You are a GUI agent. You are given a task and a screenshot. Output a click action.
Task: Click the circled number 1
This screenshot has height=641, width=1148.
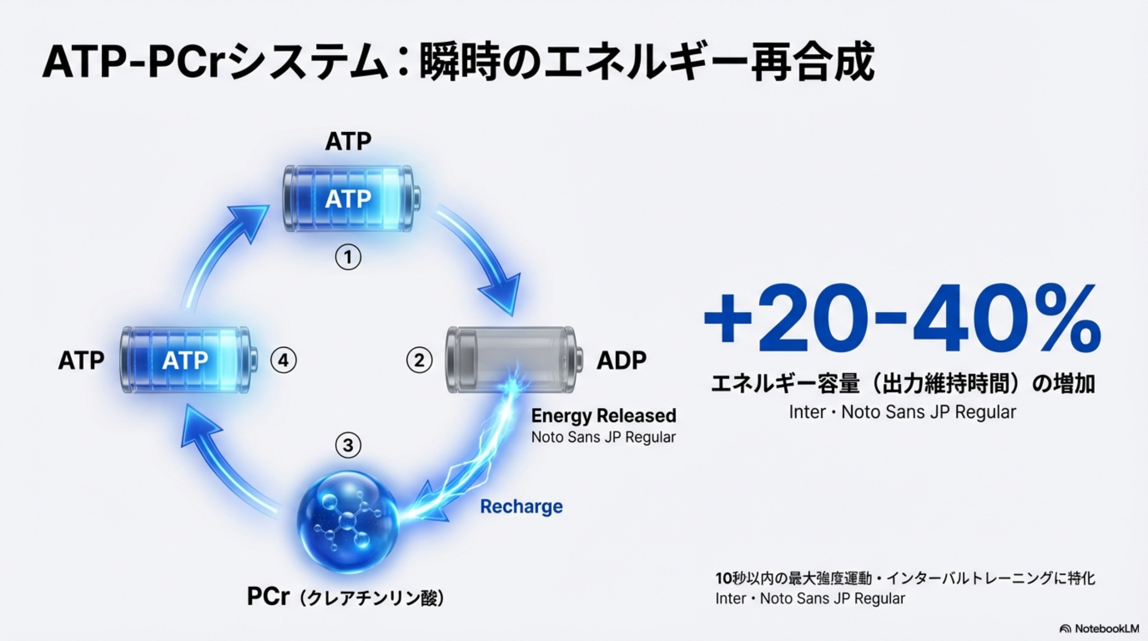[348, 257]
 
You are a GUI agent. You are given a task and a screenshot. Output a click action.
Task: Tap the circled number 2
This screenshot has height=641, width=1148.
[419, 360]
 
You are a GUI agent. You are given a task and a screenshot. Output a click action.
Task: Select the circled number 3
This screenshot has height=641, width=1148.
[348, 445]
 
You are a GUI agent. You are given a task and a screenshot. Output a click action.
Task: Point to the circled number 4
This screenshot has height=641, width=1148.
[283, 360]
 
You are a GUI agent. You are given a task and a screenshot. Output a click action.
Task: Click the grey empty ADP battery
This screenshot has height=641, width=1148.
[514, 360]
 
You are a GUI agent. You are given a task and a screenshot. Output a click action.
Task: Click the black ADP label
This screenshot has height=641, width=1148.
[622, 360]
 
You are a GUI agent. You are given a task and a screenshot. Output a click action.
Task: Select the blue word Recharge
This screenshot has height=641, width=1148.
[522, 507]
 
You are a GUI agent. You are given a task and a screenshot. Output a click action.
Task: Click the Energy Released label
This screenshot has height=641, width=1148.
[604, 416]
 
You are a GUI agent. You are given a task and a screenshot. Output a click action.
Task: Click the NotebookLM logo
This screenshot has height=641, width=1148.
[1099, 628]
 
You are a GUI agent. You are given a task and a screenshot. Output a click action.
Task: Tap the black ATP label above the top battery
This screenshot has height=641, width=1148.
[348, 142]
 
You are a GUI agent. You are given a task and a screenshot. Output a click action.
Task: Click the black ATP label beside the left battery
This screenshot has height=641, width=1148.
[81, 360]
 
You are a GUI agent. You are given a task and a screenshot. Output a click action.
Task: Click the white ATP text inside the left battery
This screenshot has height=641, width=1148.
[185, 360]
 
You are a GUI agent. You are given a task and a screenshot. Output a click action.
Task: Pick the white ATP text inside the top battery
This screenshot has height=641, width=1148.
[348, 199]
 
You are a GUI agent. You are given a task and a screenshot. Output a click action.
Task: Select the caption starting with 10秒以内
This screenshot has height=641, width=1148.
[905, 578]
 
